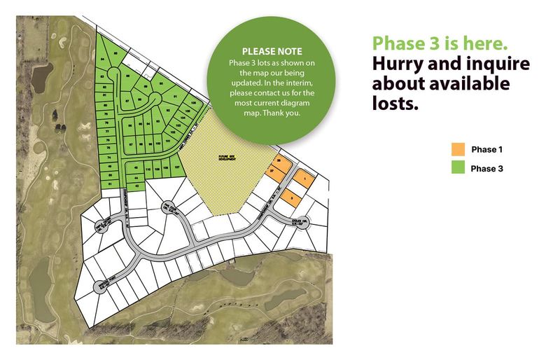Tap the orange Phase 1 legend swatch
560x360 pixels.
(458, 149)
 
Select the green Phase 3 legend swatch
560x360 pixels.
(458, 167)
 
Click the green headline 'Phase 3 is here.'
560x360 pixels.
(440, 43)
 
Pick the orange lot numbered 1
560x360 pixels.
(305, 179)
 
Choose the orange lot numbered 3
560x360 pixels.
(291, 199)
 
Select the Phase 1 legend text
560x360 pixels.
(486, 149)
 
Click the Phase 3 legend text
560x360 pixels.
(486, 168)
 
